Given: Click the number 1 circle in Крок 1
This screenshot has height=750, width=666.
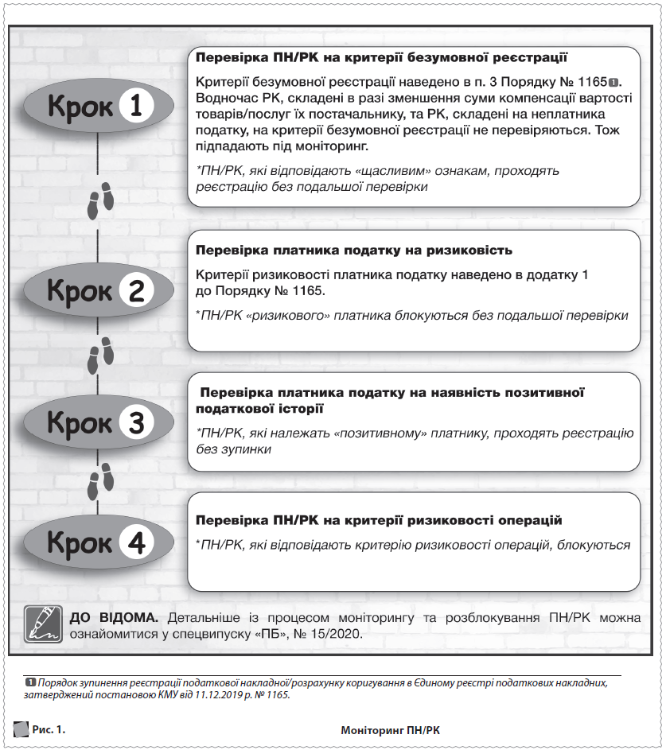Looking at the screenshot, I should coord(135,106).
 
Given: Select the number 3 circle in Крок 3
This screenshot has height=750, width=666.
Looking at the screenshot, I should coord(135,422).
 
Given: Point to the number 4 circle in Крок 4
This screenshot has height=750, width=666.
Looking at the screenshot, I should coord(135,543).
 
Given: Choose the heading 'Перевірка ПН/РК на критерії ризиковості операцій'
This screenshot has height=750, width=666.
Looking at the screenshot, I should coord(379,520).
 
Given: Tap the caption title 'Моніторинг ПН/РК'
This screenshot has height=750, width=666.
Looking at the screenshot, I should coord(389,729).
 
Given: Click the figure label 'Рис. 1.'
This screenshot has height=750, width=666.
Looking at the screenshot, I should coord(49,729).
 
